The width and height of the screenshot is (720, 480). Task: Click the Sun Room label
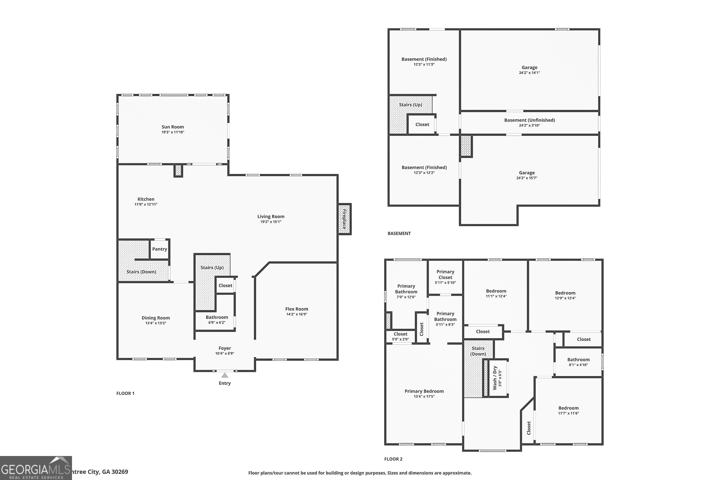point(173,127)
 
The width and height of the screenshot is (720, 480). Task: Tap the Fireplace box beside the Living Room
point(344,219)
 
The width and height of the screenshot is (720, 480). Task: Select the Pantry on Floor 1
point(160,249)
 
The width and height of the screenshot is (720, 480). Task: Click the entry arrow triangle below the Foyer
point(225,375)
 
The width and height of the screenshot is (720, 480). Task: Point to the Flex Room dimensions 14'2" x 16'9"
point(296,314)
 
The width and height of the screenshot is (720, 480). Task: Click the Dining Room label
point(156,318)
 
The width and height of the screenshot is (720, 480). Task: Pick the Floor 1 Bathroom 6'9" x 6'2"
point(217,319)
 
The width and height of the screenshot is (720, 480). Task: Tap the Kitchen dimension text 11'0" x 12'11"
point(146,204)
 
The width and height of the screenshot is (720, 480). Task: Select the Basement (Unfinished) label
point(529,120)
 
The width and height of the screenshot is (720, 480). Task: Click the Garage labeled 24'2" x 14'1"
point(529,70)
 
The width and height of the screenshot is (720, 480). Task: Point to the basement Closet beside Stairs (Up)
point(422,124)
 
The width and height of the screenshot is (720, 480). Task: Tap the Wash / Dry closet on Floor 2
point(497,378)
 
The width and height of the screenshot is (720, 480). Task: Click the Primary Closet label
point(445,274)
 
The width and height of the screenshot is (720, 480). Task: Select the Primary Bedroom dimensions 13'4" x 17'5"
point(424,396)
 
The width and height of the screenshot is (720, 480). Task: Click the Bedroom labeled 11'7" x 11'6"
point(568,410)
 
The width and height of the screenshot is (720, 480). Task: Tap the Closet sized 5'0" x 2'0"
point(400,336)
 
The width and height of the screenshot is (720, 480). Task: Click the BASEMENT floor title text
point(399,233)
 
